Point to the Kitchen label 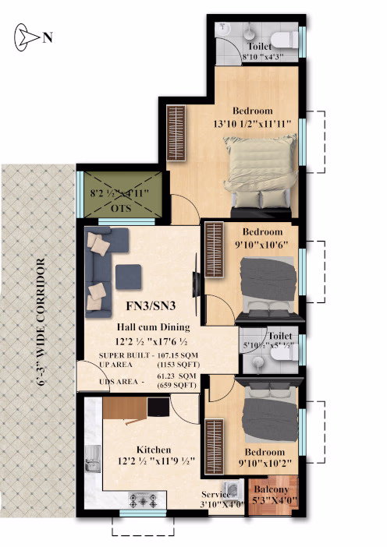[154, 450]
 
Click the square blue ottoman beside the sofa [129, 277]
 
